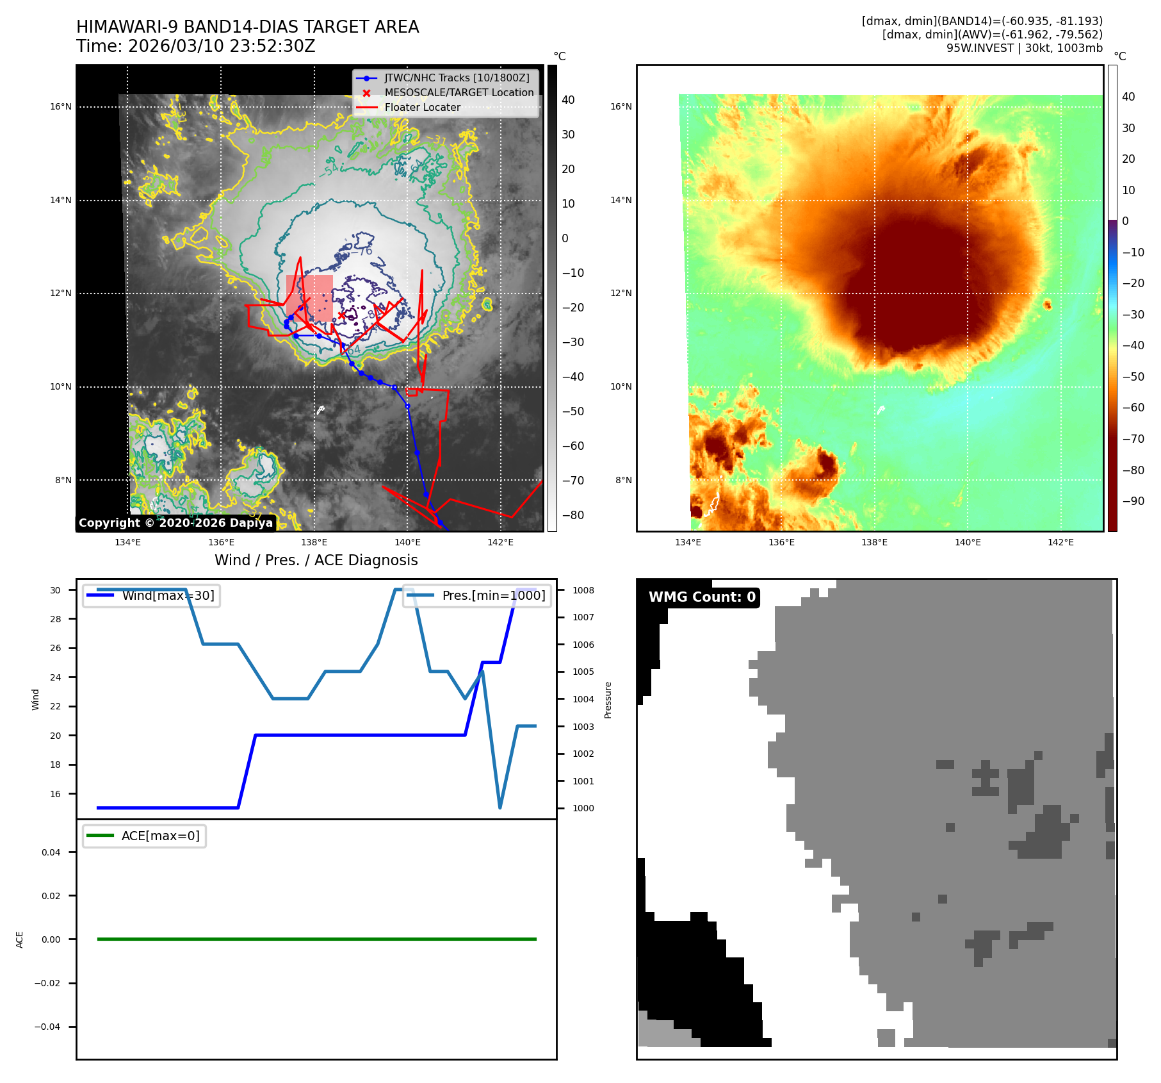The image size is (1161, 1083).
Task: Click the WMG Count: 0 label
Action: pyautogui.click(x=702, y=597)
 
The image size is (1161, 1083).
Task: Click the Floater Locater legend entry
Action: pyautogui.click(x=422, y=108)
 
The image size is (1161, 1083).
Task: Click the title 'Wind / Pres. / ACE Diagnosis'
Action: pyautogui.click(x=316, y=560)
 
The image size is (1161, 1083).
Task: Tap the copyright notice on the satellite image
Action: pyautogui.click(x=175, y=523)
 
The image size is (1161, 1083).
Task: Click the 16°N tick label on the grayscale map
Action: pyautogui.click(x=61, y=107)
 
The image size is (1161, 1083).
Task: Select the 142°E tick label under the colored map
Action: pyautogui.click(x=1060, y=542)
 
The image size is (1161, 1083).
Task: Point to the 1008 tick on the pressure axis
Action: pyautogui.click(x=583, y=590)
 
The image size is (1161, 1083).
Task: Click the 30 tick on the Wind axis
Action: pyautogui.click(x=56, y=590)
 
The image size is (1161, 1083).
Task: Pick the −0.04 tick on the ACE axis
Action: pyautogui.click(x=47, y=1027)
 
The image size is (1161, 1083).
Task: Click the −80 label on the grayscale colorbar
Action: pyautogui.click(x=572, y=515)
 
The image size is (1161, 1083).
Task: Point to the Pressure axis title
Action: pyautogui.click(x=608, y=700)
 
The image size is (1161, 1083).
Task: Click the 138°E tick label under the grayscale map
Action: pyautogui.click(x=314, y=542)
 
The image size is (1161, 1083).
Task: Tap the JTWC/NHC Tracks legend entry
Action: pyautogui.click(x=457, y=78)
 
